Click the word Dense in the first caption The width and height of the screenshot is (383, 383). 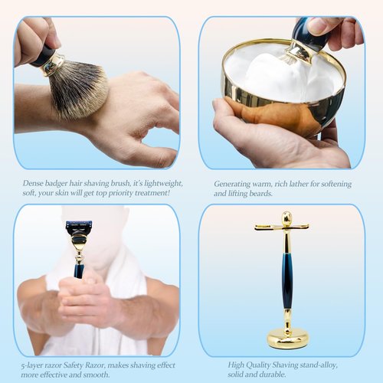pyautogui.click(x=35, y=184)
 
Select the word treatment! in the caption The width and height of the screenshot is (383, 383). pyautogui.click(x=150, y=195)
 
